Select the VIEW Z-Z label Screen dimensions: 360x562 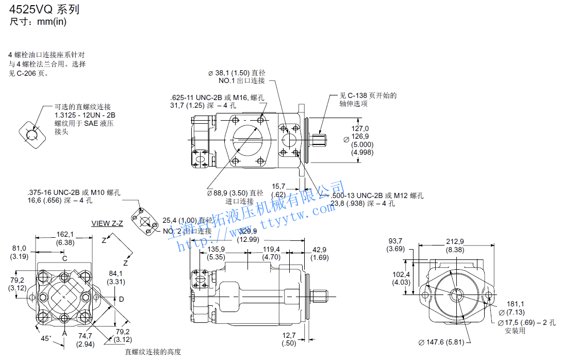(x=107, y=223)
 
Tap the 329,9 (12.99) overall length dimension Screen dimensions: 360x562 (x=248, y=235)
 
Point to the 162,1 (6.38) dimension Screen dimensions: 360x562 (x=64, y=238)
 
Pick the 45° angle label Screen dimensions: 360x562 (x=46, y=338)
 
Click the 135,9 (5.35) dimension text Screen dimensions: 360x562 (x=216, y=253)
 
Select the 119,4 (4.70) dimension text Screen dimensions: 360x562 (x=271, y=253)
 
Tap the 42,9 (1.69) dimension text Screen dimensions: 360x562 (x=320, y=253)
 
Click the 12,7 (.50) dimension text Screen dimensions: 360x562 (x=289, y=339)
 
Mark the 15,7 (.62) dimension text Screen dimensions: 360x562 (x=279, y=190)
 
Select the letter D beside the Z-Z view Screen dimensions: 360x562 (x=122, y=299)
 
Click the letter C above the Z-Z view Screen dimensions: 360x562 (x=64, y=258)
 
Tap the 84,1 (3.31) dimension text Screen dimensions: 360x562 (x=115, y=277)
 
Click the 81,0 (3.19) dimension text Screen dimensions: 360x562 (x=19, y=252)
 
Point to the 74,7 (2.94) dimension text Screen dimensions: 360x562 (x=86, y=339)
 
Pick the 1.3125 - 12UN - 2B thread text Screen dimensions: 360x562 (x=85, y=115)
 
